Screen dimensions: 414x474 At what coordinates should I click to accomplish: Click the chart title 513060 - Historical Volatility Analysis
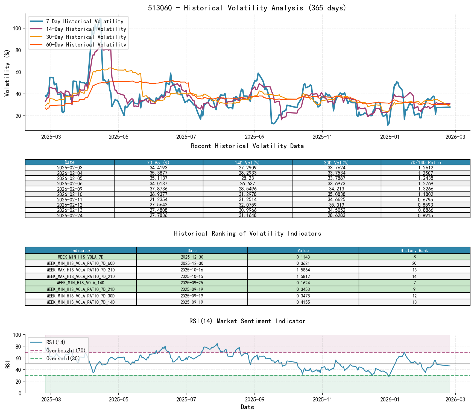click(247, 8)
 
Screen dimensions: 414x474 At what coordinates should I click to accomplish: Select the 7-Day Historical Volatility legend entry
click(85, 21)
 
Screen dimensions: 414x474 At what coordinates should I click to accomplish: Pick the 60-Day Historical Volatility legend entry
click(86, 45)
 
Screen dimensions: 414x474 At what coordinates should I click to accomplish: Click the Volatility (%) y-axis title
click(7, 73)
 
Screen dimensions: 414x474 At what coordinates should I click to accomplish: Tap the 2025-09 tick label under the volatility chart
click(254, 137)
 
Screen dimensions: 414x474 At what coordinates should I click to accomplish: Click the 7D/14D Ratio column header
click(425, 162)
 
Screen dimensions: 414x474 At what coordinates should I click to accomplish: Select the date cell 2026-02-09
click(70, 189)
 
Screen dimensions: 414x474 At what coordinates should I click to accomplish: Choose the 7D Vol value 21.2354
click(159, 199)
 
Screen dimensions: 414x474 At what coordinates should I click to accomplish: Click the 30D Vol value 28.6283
click(337, 215)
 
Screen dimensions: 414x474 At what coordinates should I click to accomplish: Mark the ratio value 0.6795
click(425, 199)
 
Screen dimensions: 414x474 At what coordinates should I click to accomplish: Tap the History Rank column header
click(414, 250)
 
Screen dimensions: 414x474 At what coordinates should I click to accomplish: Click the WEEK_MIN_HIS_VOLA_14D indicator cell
click(81, 283)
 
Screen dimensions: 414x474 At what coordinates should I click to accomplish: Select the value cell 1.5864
click(303, 270)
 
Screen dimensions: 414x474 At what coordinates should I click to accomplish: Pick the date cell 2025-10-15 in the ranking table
click(192, 276)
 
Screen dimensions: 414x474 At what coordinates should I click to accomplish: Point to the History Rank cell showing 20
click(414, 263)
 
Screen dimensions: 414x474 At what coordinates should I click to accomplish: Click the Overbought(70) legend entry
click(66, 351)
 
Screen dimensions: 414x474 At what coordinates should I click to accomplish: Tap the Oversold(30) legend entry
click(63, 358)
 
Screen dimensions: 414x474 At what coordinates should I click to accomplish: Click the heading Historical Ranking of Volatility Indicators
click(247, 233)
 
